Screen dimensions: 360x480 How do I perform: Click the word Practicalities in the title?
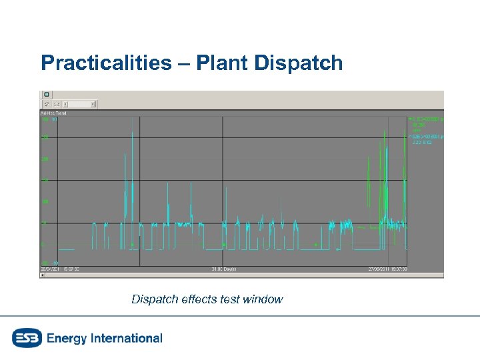[105, 63]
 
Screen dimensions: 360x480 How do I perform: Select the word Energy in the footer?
[67, 338]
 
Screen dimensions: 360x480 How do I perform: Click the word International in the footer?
[126, 338]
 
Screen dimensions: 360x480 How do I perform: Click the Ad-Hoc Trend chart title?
[54, 113]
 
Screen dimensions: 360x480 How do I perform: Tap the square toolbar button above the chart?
[47, 95]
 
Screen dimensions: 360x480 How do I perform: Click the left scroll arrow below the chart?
[43, 275]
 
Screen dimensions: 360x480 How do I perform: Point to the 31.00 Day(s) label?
[224, 269]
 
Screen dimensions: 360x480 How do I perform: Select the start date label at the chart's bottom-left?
[51, 269]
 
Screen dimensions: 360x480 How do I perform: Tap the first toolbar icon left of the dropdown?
[47, 104]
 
